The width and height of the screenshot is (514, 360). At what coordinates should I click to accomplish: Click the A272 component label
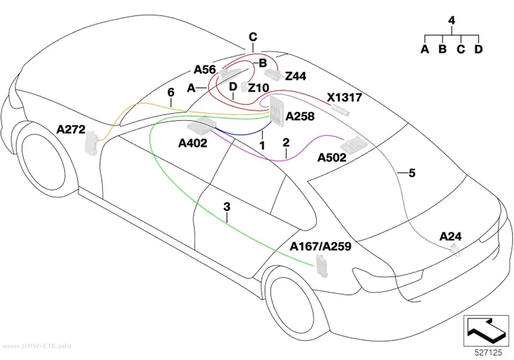(x=71, y=129)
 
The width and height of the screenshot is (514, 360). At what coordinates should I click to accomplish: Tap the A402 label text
(x=193, y=143)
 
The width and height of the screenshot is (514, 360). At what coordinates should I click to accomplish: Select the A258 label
(x=300, y=116)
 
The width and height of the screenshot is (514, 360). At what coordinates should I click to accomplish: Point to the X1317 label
(x=345, y=97)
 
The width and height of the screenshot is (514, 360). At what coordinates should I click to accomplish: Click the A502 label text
(x=332, y=158)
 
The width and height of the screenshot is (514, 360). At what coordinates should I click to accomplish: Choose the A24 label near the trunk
(x=450, y=236)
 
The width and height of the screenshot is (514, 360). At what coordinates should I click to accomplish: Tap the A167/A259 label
(x=321, y=246)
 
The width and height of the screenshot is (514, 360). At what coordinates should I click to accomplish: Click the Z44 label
(x=296, y=76)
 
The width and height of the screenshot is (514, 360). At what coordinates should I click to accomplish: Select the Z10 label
(x=258, y=88)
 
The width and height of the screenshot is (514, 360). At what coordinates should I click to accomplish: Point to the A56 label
(x=205, y=70)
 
